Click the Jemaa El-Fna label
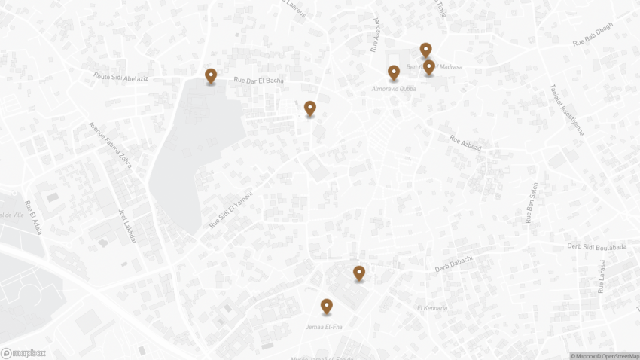324,326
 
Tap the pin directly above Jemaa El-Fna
326,306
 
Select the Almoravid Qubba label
393,89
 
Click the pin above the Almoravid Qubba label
393,72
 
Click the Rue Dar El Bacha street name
258,81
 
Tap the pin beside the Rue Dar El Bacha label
211,75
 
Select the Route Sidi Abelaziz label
120,77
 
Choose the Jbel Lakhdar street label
126,225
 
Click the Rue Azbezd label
465,142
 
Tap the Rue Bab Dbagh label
593,38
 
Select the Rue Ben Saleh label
532,203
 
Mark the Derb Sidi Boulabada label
596,246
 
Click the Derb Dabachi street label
453,264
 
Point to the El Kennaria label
431,308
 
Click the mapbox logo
23,353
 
